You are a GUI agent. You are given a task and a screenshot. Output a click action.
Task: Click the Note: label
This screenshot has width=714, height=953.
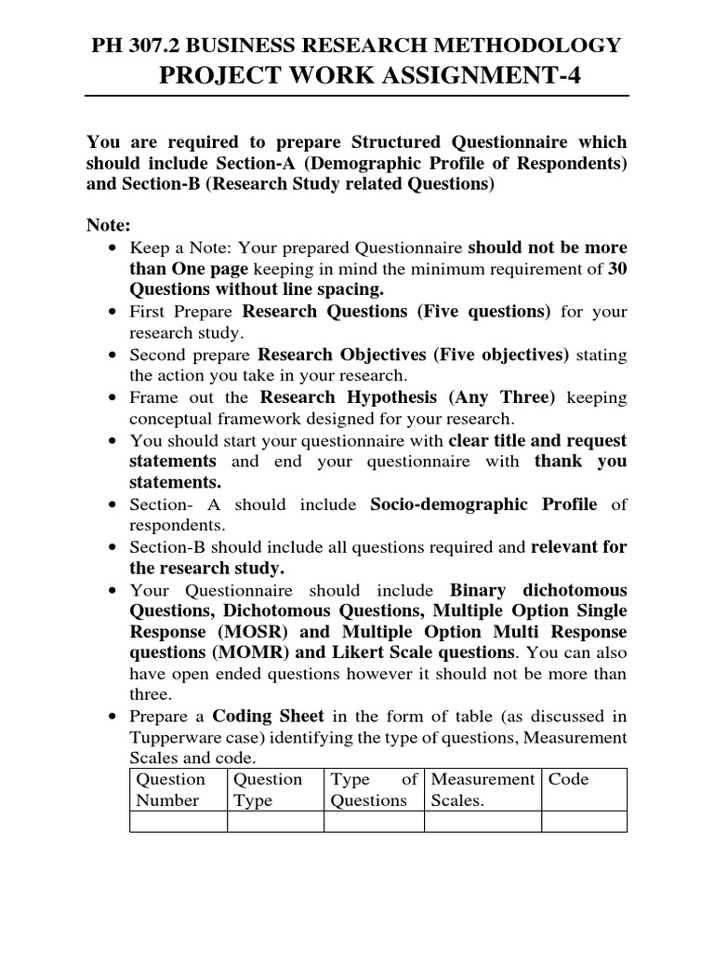109,226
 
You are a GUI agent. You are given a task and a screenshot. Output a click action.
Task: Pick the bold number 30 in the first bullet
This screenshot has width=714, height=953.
616,268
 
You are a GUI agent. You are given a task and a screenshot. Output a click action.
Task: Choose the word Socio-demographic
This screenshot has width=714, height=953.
483,503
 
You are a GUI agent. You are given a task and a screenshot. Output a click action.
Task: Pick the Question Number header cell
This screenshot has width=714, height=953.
176,789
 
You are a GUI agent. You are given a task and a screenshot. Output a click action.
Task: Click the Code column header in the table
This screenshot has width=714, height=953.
569,780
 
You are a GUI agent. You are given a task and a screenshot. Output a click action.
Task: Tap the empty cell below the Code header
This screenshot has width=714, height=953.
584,821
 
